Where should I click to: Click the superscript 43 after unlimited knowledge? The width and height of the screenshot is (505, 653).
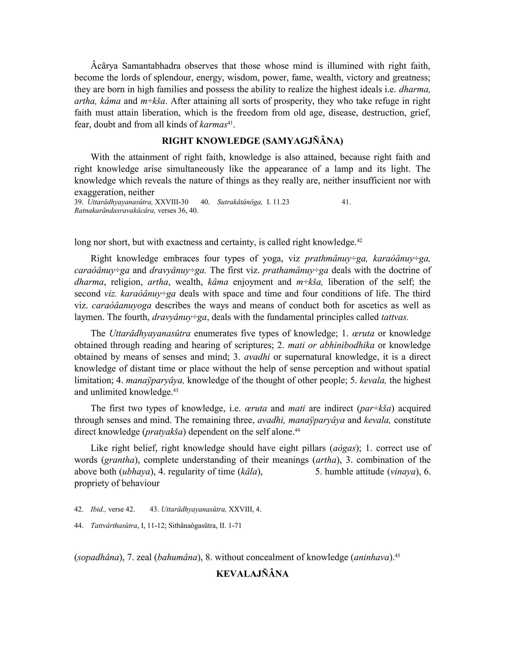tap(176, 390)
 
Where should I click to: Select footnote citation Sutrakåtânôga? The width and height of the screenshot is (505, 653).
tap(240, 202)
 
